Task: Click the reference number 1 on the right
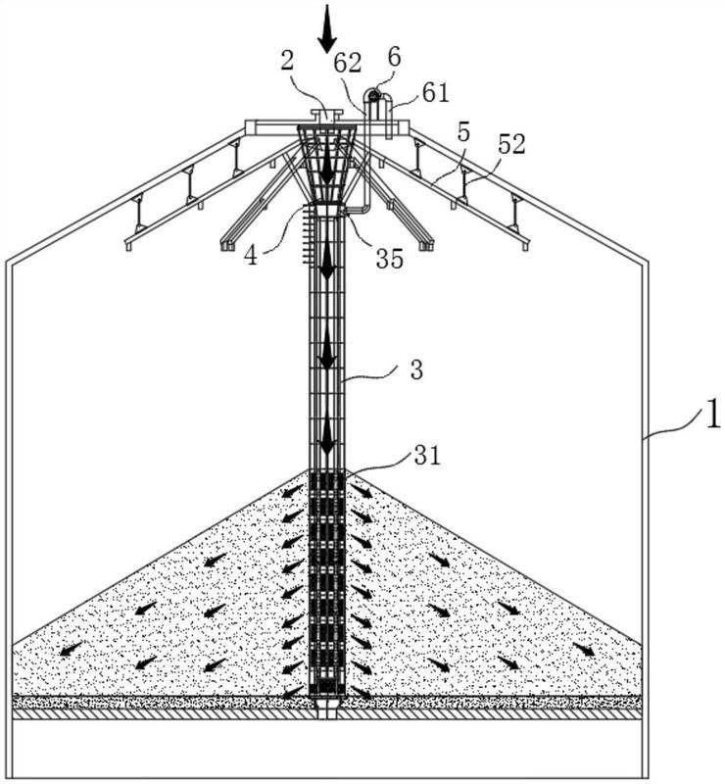tap(711, 414)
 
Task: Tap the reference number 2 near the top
tap(287, 62)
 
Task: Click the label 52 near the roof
tap(510, 145)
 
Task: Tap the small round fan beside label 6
tap(372, 95)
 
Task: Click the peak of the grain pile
tap(328, 469)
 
